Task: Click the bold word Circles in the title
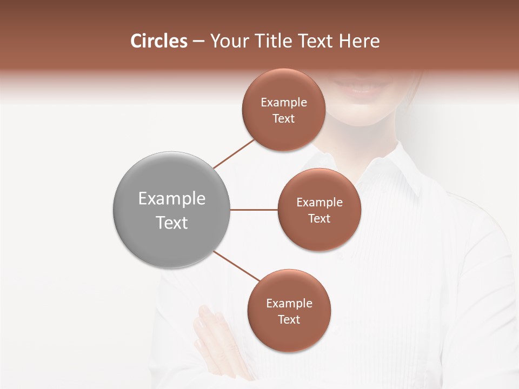click(x=159, y=41)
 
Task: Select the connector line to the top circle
click(x=234, y=153)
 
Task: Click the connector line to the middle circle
click(x=254, y=210)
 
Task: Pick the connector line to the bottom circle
click(x=237, y=266)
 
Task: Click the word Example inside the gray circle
click(x=172, y=199)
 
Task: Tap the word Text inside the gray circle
click(x=172, y=223)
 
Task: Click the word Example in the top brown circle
click(x=284, y=103)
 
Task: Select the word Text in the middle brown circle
click(x=319, y=218)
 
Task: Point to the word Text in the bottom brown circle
click(x=289, y=319)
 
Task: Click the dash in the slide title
click(x=198, y=42)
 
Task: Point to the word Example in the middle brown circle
click(x=319, y=203)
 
